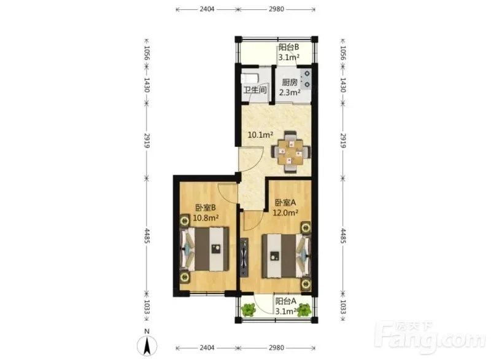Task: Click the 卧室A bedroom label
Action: point(285,202)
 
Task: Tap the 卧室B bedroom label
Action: point(206,208)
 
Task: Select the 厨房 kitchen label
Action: point(290,82)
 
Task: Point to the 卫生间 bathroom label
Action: point(255,90)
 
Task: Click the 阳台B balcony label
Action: point(288,47)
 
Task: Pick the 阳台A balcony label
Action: point(285,302)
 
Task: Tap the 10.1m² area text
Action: point(260,135)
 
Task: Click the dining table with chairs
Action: point(291,152)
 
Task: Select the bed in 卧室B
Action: point(204,249)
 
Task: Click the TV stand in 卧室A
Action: point(244,257)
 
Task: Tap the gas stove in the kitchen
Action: point(306,79)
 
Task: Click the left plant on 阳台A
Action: point(249,310)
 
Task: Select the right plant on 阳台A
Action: point(304,310)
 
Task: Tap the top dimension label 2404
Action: point(207,9)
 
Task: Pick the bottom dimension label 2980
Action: point(277,348)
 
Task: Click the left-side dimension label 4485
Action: point(147,236)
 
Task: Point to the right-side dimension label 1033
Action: point(343,307)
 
